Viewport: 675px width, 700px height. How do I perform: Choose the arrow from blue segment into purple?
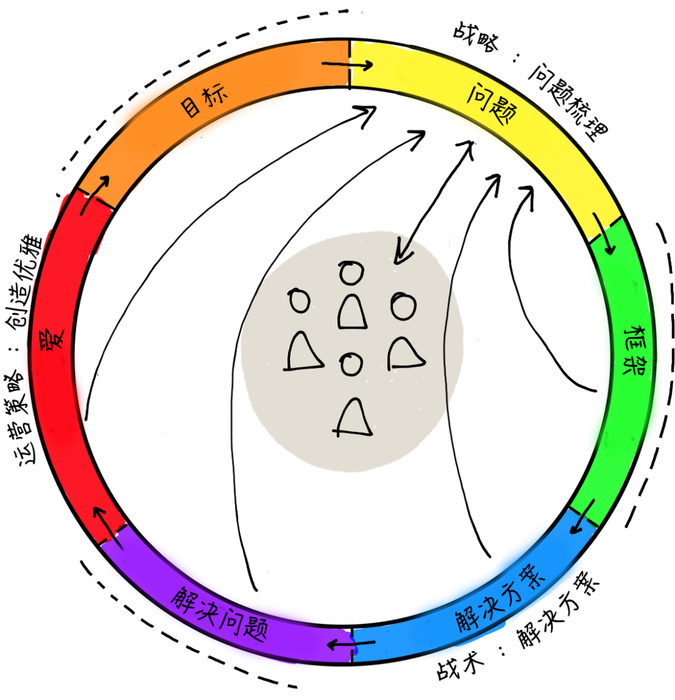point(351,644)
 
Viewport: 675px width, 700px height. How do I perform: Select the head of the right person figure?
point(403,306)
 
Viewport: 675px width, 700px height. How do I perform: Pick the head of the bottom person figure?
point(351,364)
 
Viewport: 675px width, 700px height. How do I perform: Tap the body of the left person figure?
point(304,352)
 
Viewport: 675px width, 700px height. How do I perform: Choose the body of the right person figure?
point(404,353)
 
